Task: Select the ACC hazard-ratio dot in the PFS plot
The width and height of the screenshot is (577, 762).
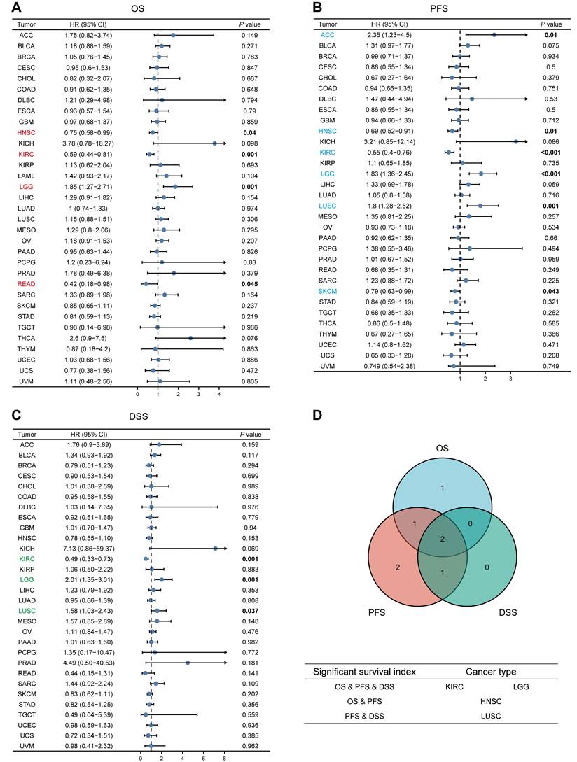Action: [494, 34]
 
